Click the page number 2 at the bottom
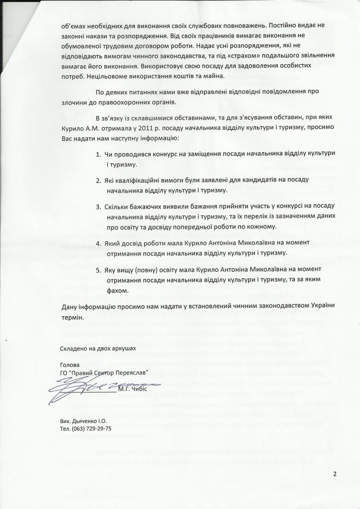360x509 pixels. coord(335,475)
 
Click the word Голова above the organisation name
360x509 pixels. coord(70,365)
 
